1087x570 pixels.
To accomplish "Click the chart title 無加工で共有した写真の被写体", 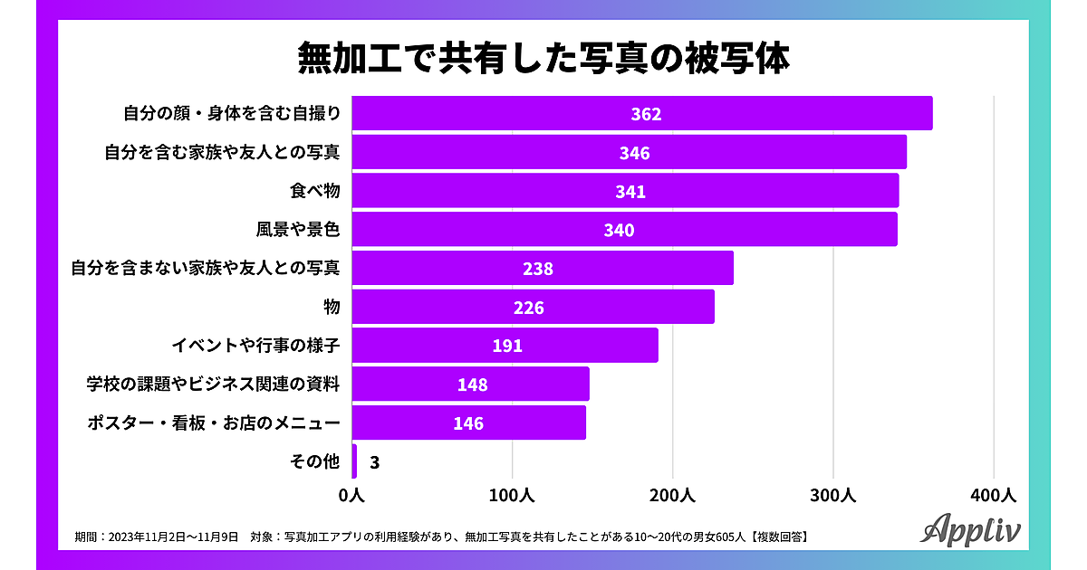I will click(543, 59).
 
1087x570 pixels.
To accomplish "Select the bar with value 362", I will click(641, 114).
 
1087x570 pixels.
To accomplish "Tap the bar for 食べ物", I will click(625, 191).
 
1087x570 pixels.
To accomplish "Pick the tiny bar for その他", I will click(354, 461).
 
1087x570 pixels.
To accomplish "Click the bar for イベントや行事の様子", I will click(505, 346).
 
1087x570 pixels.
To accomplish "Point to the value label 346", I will click(634, 153).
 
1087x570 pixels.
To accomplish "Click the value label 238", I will click(537, 269).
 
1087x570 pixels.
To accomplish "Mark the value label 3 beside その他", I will click(374, 462).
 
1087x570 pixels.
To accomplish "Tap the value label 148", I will click(472, 385).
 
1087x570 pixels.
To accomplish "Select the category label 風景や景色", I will click(298, 230).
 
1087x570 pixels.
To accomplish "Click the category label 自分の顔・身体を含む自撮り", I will click(231, 114).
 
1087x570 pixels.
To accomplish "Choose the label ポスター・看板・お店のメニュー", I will click(213, 423).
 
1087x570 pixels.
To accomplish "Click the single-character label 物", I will click(332, 308).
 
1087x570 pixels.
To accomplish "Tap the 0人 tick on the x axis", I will click(351, 496).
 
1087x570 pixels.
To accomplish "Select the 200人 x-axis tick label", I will click(673, 496).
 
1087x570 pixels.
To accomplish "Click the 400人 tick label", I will click(994, 496).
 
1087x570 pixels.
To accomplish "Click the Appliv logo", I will click(970, 530).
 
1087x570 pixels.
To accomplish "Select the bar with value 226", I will click(533, 307).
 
